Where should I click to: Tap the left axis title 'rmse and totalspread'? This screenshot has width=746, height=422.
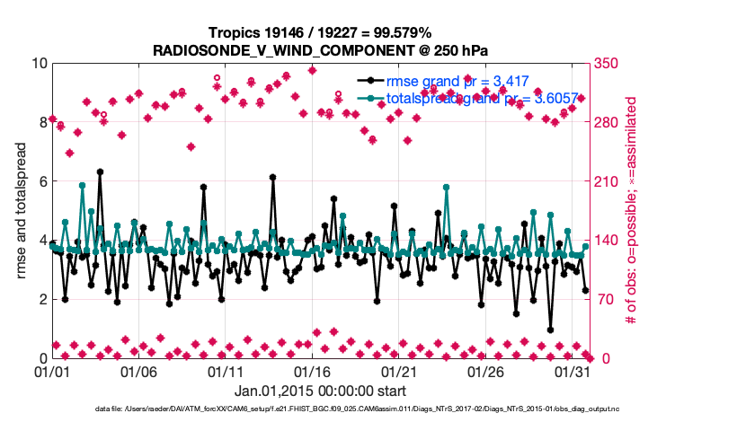21,210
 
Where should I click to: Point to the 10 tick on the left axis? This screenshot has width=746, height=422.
39,64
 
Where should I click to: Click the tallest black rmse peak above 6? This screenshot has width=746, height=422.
100,171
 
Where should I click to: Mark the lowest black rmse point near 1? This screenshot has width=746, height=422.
550,330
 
